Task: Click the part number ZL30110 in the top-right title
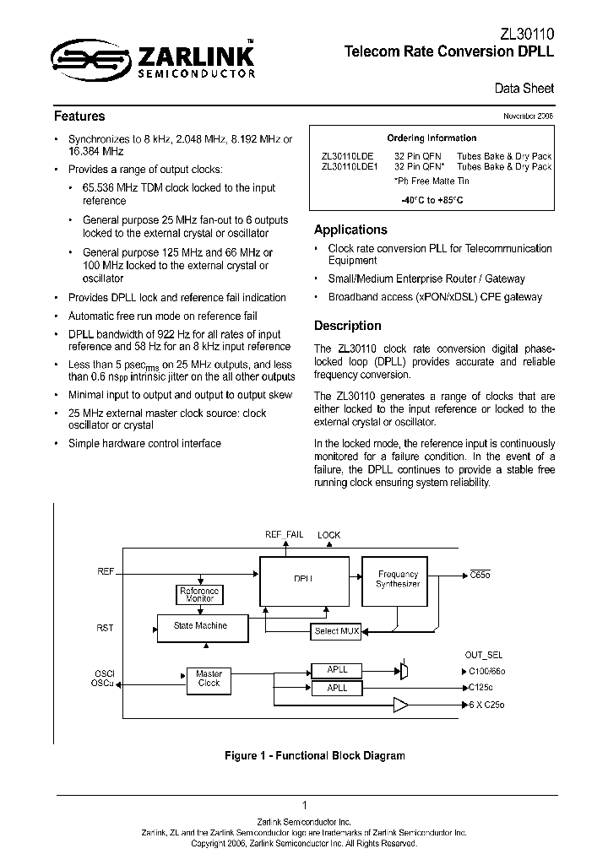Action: click(526, 33)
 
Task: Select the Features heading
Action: click(79, 116)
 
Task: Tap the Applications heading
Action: click(350, 230)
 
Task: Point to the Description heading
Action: click(347, 326)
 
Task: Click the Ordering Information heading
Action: click(432, 138)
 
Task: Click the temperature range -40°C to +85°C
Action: click(432, 200)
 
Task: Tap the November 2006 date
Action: click(529, 116)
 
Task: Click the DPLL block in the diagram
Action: click(304, 581)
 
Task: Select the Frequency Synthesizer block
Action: click(398, 581)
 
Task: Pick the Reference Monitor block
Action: click(200, 595)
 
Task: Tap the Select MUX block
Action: click(337, 631)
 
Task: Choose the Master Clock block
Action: click(209, 678)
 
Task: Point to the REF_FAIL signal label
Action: click(284, 535)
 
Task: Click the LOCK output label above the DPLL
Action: click(328, 535)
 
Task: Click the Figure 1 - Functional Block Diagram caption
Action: click(314, 755)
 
